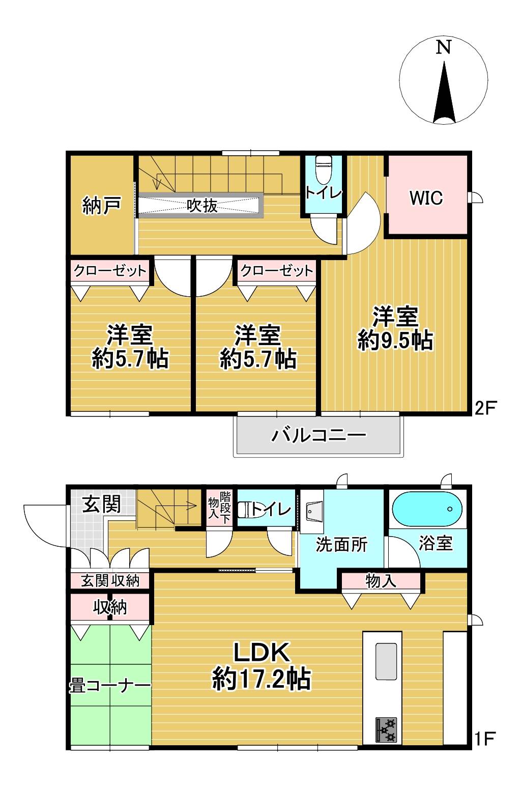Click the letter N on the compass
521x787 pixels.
(x=444, y=47)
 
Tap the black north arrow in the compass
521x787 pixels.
(x=444, y=92)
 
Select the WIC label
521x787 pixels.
(x=426, y=198)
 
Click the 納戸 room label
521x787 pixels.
(x=102, y=206)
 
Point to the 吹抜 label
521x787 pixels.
(x=202, y=206)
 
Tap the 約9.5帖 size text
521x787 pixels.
(x=395, y=340)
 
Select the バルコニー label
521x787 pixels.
(x=319, y=435)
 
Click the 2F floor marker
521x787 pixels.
(x=485, y=408)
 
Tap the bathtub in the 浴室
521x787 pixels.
(x=427, y=509)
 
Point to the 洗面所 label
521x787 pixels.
(x=341, y=545)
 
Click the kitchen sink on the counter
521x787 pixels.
(x=386, y=661)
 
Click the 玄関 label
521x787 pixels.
(x=102, y=504)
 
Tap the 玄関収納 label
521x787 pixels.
(x=110, y=581)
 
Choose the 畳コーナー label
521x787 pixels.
(x=110, y=686)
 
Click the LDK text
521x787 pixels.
(x=262, y=652)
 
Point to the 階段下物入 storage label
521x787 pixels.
(x=219, y=508)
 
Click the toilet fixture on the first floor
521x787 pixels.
(x=244, y=510)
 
